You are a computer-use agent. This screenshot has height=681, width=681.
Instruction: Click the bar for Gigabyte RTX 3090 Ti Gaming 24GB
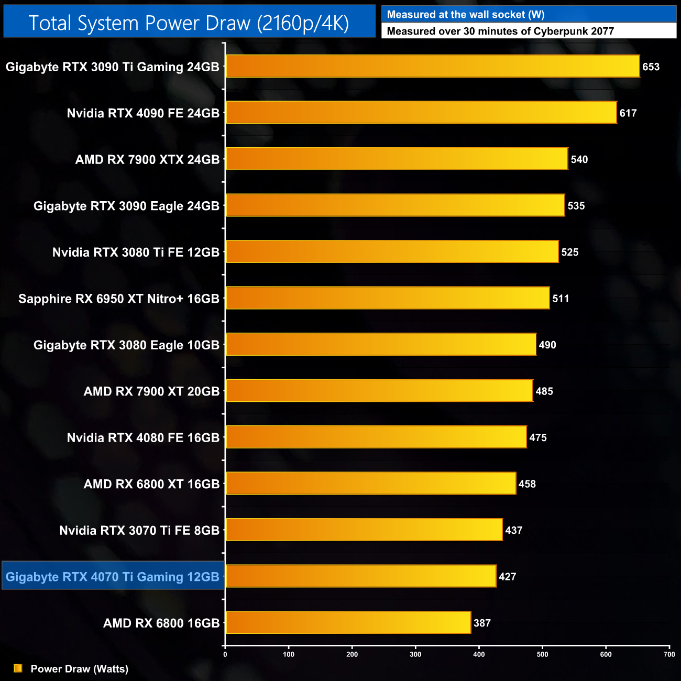point(432,67)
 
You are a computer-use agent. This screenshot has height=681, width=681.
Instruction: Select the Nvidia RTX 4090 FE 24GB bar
point(421,113)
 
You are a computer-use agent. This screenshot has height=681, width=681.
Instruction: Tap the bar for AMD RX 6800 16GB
point(348,622)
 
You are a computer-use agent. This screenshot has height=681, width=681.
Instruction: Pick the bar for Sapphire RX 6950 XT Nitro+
point(387,298)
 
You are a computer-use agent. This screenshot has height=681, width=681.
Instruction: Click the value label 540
point(579,159)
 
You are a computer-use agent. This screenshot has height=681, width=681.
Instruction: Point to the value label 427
point(507,576)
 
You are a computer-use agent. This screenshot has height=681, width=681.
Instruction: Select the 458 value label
point(527,484)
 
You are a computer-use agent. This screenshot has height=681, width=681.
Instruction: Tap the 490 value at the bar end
point(547,345)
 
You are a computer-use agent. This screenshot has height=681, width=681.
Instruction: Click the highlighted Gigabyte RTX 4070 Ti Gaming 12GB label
point(113,576)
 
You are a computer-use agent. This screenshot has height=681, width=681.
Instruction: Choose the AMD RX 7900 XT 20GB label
point(151,391)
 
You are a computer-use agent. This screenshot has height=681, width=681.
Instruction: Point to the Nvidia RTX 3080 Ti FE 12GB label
point(136,252)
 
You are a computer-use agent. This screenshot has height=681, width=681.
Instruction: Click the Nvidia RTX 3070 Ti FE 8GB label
point(139,530)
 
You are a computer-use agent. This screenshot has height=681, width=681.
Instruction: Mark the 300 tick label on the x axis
point(415,654)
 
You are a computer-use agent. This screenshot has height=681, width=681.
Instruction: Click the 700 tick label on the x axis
point(669,654)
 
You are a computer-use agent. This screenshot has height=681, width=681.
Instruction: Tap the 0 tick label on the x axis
point(225,654)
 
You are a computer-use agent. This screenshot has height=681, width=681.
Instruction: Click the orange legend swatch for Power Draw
point(18,668)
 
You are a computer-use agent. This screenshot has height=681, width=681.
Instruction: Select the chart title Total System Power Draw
point(189,23)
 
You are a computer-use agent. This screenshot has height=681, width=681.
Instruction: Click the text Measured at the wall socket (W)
point(465,15)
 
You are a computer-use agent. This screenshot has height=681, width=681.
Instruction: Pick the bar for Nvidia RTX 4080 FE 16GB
point(376,437)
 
